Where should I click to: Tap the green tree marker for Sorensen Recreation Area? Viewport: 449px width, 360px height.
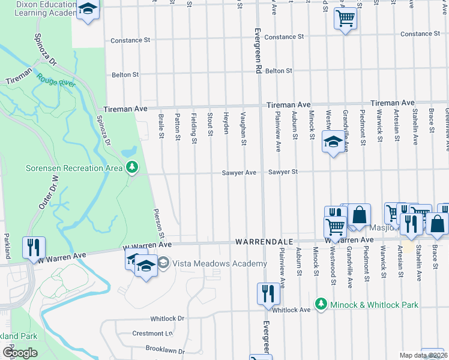132,168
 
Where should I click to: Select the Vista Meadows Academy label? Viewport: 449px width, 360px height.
220,263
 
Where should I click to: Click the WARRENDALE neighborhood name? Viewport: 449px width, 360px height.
264,241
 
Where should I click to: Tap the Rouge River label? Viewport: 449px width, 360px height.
56,80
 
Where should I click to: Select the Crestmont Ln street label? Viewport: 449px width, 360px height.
152,334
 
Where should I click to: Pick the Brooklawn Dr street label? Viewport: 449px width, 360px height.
166,348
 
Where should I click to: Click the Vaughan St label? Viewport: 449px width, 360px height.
244,128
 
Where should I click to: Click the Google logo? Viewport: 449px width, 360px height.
19,353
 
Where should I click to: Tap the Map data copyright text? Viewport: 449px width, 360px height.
423,355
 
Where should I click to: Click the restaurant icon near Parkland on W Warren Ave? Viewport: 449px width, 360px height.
32,246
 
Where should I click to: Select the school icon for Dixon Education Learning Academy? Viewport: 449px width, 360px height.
88,9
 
